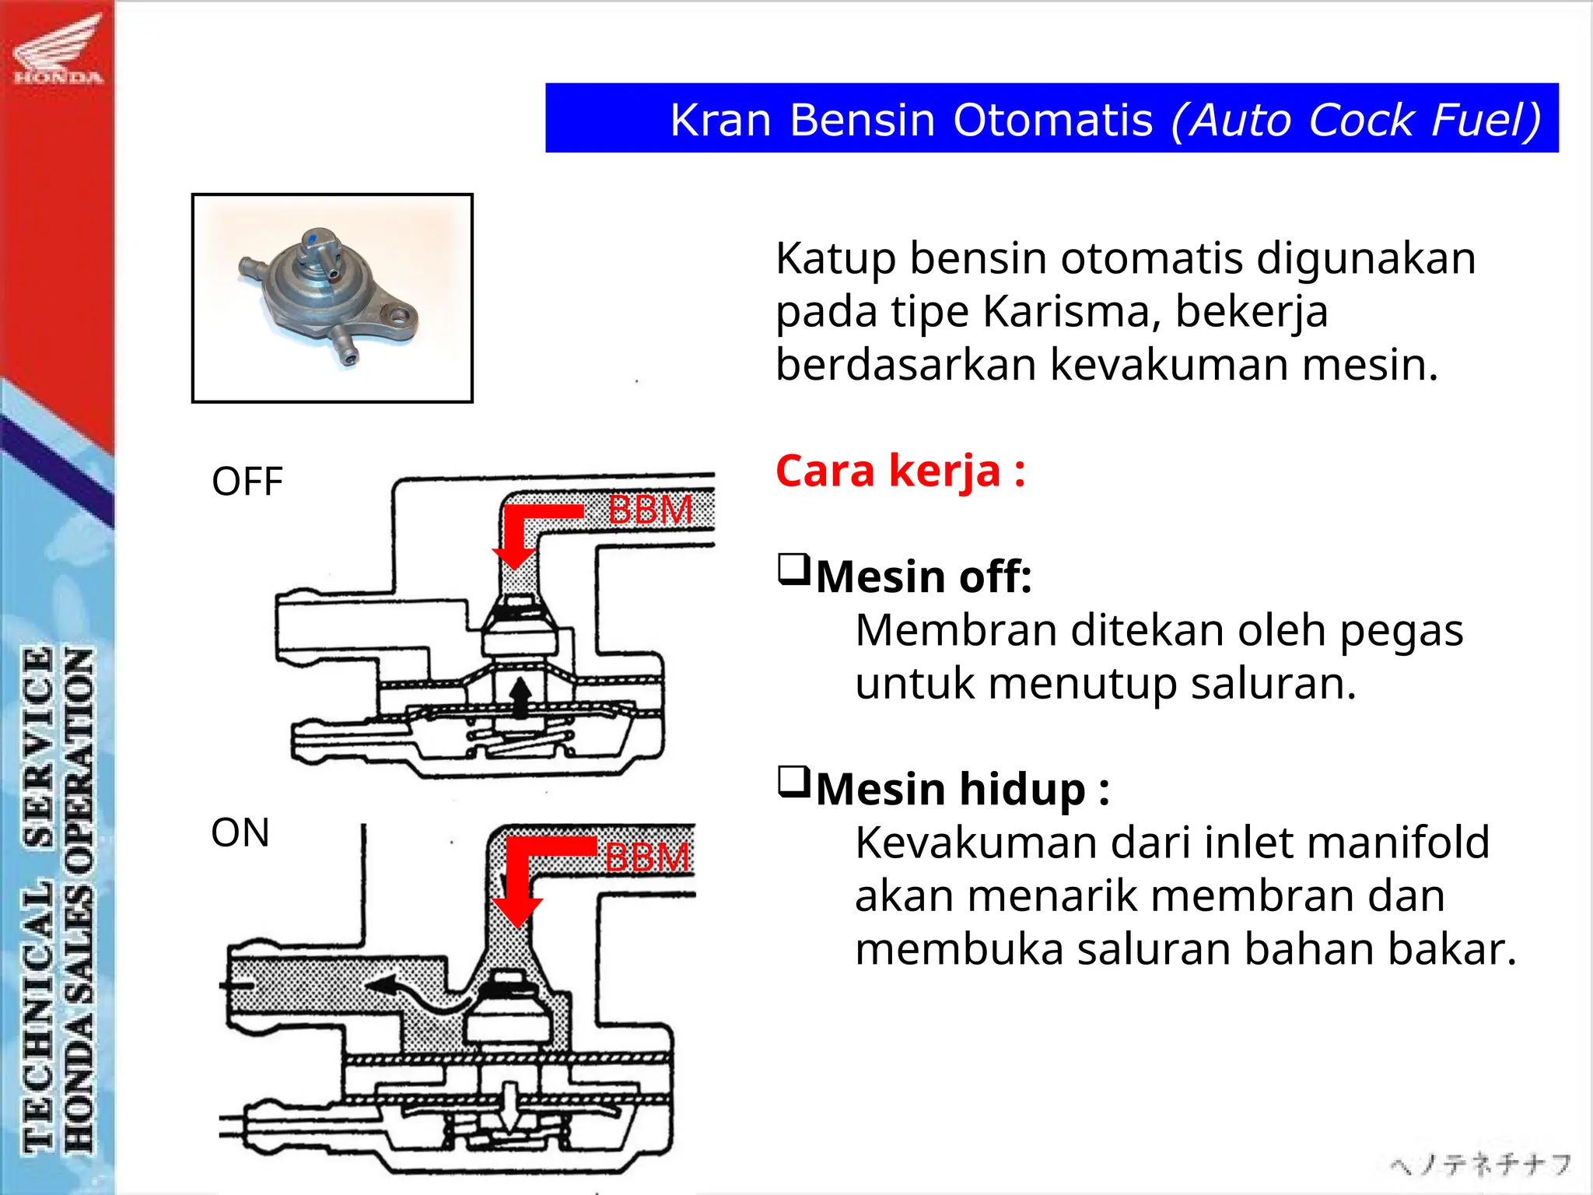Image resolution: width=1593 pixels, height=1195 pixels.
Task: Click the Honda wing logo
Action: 58,48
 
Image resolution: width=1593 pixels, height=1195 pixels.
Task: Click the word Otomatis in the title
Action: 1053,121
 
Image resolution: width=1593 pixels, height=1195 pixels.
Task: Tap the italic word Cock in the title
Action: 1360,121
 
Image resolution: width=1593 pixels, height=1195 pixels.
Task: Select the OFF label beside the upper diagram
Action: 247,482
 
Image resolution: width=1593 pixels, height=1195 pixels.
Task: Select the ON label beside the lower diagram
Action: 240,832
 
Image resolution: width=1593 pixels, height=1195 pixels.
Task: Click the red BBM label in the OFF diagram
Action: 650,510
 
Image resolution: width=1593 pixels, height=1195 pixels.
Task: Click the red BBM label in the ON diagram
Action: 647,857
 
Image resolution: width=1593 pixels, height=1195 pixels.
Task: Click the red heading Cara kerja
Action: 900,471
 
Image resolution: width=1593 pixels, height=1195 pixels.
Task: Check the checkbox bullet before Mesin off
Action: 793,569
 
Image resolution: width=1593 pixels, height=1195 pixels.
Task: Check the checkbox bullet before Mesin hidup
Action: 793,782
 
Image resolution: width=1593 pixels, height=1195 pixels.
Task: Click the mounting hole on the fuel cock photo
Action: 400,315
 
